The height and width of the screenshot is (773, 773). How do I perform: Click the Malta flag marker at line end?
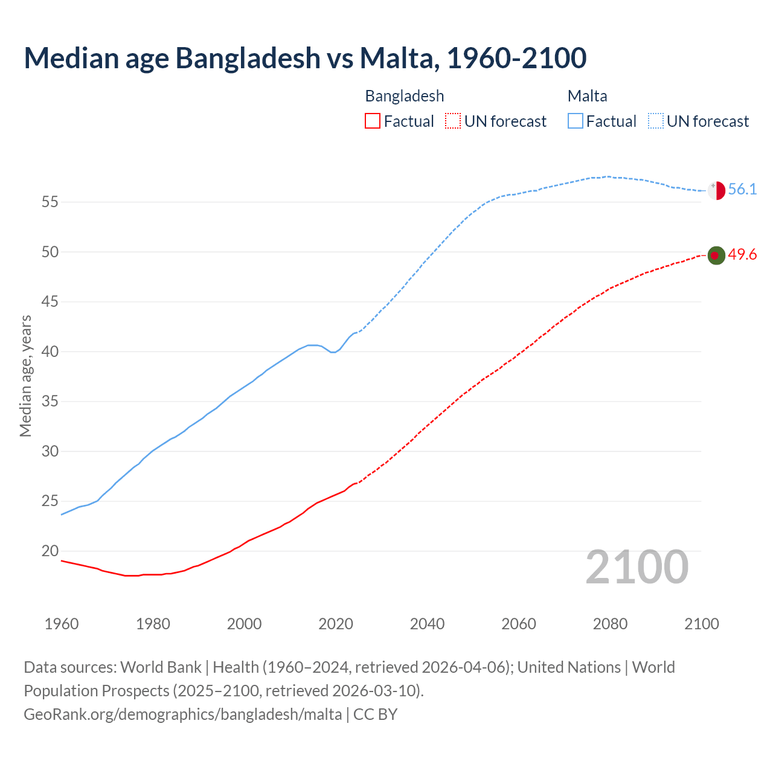tap(716, 190)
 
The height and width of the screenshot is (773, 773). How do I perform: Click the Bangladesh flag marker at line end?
tap(716, 255)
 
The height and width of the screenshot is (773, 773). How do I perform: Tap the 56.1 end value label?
tap(742, 190)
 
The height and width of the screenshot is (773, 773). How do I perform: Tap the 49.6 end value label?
tap(742, 255)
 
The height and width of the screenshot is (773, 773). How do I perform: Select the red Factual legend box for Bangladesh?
tap(373, 121)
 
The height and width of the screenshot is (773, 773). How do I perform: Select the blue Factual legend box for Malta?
tap(575, 121)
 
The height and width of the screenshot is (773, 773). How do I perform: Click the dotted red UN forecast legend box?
tap(453, 121)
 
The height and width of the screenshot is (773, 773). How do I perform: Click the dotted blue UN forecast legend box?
tap(655, 121)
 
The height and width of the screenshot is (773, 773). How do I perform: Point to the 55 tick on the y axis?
tap(50, 202)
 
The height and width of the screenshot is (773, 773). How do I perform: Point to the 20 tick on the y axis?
tap(50, 551)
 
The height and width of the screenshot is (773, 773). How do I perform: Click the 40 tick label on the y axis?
tap(50, 351)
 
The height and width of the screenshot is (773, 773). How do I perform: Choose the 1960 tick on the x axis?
tap(62, 624)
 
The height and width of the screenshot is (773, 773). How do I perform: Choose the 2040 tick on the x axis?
tap(427, 624)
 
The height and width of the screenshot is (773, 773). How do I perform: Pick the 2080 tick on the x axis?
tap(610, 624)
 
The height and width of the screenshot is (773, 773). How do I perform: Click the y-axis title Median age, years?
tap(25, 376)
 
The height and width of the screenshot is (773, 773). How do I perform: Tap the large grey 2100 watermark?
tap(637, 567)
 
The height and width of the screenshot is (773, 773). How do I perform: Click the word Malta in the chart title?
tap(396, 58)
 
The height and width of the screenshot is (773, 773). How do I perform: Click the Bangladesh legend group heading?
tap(405, 96)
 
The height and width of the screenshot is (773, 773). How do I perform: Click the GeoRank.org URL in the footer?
tap(182, 714)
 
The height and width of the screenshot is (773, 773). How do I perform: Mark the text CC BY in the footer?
tap(375, 714)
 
